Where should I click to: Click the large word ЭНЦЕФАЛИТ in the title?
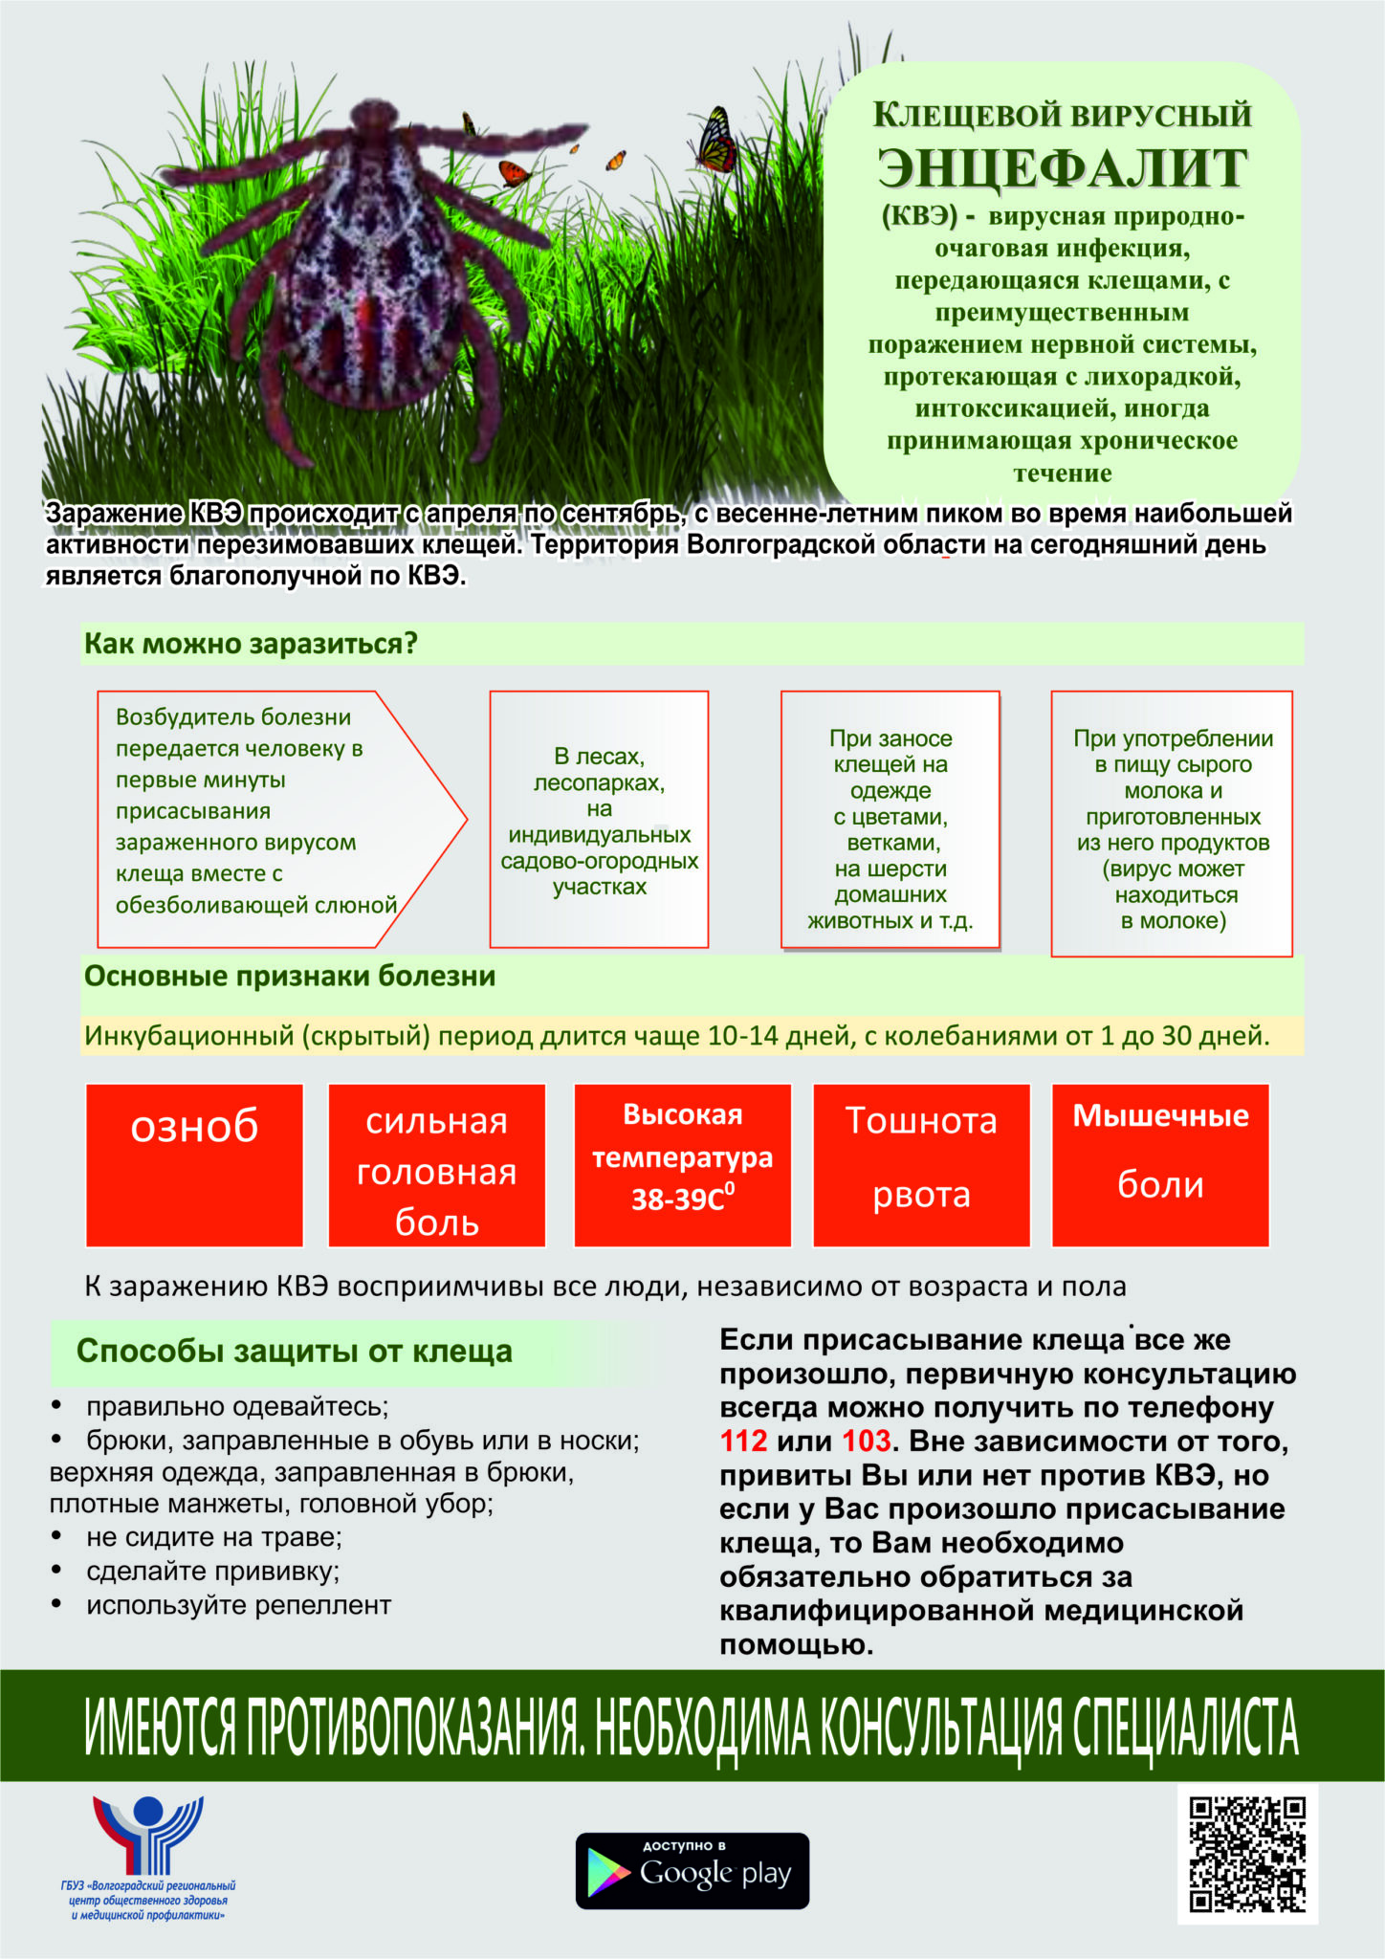[x=1062, y=168]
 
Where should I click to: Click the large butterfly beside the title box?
[x=715, y=139]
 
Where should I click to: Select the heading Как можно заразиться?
[x=252, y=644]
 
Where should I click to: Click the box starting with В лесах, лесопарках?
[x=599, y=820]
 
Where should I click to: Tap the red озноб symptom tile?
[x=194, y=1165]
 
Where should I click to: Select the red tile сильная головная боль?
[x=436, y=1165]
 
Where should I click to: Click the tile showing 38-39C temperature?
[x=682, y=1165]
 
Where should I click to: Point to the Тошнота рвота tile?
[x=921, y=1165]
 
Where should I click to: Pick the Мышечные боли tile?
[x=1160, y=1165]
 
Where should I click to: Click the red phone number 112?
[x=744, y=1441]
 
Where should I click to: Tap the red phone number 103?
[x=866, y=1441]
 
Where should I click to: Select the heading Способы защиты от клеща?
[x=295, y=1352]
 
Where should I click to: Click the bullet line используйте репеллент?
[x=238, y=1605]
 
